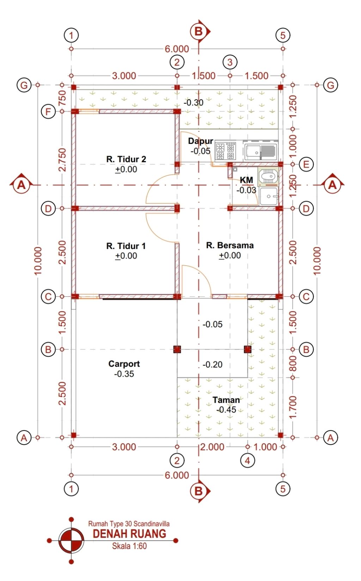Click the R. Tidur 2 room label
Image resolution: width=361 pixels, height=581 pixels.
point(126,159)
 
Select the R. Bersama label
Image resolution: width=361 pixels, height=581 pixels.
point(230,245)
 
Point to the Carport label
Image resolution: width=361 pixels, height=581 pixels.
point(124,364)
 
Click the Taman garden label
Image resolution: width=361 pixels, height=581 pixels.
point(226,400)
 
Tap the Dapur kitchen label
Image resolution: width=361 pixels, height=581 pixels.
point(201,141)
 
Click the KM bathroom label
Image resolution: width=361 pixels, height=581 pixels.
point(246,180)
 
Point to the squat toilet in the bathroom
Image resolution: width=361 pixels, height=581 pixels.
point(268,177)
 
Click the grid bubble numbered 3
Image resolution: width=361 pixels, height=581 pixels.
point(230,62)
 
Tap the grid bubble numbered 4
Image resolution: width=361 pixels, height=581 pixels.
point(247,461)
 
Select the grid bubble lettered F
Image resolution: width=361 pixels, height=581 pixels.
point(48,112)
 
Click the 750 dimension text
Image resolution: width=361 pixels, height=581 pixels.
point(62,98)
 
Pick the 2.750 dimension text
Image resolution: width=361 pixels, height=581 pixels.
point(62,160)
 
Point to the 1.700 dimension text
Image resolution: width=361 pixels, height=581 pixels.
point(293,407)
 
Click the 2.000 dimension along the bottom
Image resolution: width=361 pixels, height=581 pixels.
point(212,447)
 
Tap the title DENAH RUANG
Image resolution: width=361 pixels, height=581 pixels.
point(129,534)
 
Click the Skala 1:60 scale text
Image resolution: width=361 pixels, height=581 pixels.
point(129,546)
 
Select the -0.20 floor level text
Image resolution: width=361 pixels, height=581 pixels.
point(213,365)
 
